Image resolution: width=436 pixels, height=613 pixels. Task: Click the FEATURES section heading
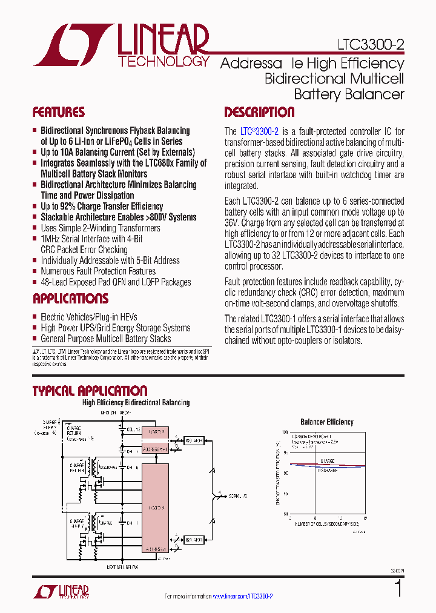coord(59,112)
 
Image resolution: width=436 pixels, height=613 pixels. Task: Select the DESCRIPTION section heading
coord(259,112)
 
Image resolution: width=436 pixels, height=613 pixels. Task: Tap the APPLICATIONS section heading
coord(70,299)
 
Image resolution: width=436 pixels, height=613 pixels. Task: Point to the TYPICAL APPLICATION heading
coord(90,391)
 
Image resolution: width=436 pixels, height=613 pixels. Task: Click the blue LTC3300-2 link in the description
coord(259,131)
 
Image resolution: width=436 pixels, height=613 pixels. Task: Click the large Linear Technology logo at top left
coord(121,45)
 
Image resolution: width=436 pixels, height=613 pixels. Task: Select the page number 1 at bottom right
coord(398,589)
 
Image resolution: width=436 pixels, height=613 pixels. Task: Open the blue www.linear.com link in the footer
coord(242,596)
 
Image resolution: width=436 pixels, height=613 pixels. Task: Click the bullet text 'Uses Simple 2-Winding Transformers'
coord(101,228)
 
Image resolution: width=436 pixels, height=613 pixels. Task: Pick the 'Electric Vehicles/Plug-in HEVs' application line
coord(89,317)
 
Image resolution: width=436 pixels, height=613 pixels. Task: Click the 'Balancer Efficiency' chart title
coord(327,422)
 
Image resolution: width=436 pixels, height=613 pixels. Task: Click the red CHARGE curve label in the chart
coord(328,460)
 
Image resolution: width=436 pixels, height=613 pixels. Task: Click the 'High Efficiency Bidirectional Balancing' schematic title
coord(136,403)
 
